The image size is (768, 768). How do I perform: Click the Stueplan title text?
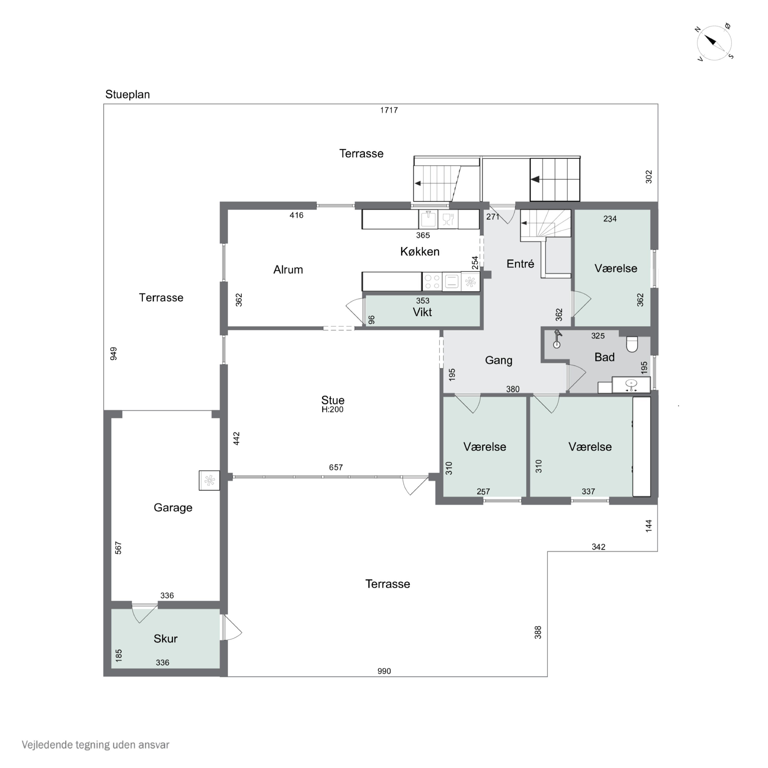pos(127,95)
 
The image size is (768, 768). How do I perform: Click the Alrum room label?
pos(288,270)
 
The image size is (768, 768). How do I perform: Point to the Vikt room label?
pos(422,312)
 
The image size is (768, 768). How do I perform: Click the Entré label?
pos(520,264)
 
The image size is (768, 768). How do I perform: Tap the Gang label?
pos(498,360)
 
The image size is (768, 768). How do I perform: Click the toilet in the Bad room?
pos(632,344)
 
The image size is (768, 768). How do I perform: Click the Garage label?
pos(173,508)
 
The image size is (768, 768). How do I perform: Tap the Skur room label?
pos(165,638)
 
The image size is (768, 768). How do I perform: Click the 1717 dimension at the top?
pos(389,110)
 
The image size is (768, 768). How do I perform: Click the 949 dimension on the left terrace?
pos(114,353)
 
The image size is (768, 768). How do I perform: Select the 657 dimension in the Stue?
pos(336,467)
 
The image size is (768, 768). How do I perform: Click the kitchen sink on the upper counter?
pos(428,219)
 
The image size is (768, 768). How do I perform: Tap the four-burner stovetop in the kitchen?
pos(432,281)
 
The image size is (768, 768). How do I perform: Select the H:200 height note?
pos(332,409)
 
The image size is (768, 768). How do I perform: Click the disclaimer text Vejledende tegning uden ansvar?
pos(95,744)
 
